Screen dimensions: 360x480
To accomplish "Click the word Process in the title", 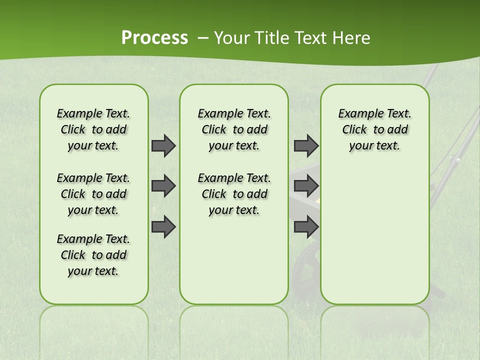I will (154, 38).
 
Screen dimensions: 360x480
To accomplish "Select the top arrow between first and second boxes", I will (163, 145).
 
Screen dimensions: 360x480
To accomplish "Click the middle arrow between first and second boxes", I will (163, 186).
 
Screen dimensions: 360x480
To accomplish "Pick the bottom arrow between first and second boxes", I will (163, 226).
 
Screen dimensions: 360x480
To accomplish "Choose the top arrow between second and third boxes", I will (306, 145).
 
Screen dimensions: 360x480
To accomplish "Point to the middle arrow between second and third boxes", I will (306, 186).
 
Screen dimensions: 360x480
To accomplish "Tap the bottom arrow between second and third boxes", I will (306, 226).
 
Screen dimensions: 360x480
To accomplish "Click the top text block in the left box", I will (93, 129).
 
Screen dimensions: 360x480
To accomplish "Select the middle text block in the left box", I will (93, 194).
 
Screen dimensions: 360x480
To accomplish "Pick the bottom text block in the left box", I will (93, 255).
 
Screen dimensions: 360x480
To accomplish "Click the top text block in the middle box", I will (234, 129).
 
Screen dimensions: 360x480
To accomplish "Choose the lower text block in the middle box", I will (234, 194).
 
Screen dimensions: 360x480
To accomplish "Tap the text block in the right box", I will (374, 129).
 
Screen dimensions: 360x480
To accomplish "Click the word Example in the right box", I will (356, 113).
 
